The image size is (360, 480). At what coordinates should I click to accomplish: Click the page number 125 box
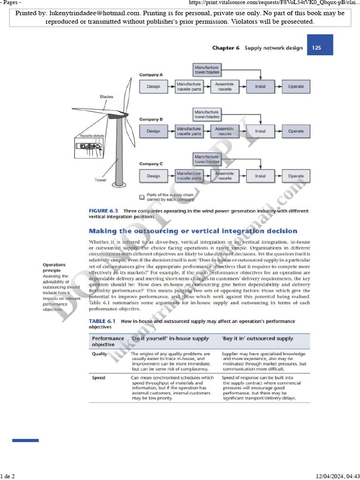coord(317,48)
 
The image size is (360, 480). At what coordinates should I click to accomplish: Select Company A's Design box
coord(153,87)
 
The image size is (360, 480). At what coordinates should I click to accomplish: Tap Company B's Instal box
coord(260,131)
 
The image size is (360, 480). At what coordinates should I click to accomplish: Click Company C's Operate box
coord(296,176)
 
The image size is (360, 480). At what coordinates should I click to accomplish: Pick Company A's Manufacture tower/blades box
coord(207,70)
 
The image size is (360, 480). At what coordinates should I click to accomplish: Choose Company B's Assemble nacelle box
coord(225,131)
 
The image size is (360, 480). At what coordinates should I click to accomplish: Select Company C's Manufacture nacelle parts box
coord(189,176)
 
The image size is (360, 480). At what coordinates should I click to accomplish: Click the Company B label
coord(151,120)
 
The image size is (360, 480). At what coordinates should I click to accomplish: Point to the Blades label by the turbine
coord(106,97)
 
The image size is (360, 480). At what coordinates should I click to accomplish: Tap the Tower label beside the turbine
coord(101,180)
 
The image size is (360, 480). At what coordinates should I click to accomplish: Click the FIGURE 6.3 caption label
coord(104,211)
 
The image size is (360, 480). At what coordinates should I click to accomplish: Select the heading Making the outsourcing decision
coord(193,231)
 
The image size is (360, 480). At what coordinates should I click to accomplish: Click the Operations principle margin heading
coord(54,268)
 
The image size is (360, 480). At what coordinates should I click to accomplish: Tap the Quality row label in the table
coord(99,354)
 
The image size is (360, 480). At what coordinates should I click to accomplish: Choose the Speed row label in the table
coord(98,377)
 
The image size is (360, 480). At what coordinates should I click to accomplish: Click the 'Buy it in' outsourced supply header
coord(257,338)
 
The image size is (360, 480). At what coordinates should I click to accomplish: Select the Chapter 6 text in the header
coord(226,48)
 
